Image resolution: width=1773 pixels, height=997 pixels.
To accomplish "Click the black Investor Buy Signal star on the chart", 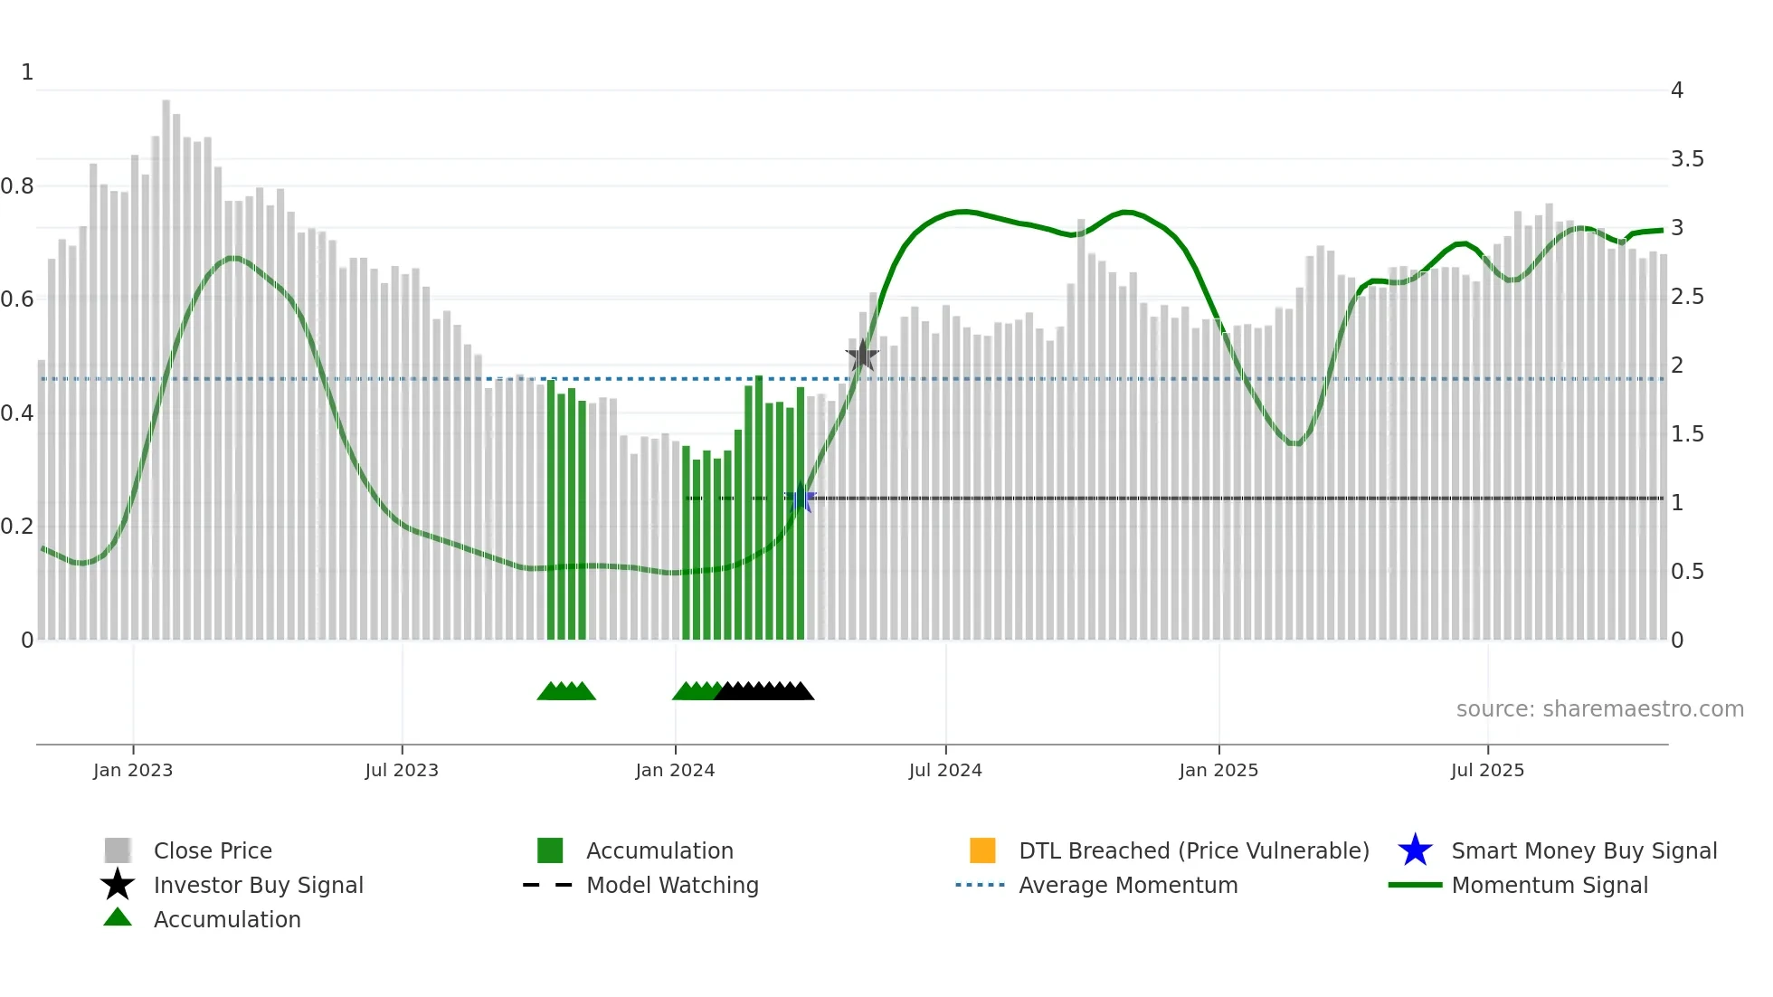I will pos(862,356).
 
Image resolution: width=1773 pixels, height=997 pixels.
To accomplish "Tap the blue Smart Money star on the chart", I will pos(801,498).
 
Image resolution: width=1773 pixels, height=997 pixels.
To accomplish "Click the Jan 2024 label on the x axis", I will pos(675,771).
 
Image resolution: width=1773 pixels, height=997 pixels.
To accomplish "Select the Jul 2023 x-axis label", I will pos(402,771).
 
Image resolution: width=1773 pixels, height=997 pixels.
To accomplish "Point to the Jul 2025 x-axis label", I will pos(1487,771).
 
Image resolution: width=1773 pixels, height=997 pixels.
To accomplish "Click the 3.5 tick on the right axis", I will pos(1687,159).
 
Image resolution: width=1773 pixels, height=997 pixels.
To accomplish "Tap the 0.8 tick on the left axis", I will pos(17,186).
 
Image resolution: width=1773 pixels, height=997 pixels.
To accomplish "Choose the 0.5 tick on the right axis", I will pos(1687,572).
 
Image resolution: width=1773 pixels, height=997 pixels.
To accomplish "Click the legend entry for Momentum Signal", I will pos(1550,886).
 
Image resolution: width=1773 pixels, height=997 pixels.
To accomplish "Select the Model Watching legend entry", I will pos(672,886).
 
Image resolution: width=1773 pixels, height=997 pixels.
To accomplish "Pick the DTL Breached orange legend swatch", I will pos(982,850).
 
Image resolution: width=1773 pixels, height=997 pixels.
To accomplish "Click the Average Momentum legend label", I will pos(1128,886).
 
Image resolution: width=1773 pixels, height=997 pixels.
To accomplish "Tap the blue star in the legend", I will pos(1415,850).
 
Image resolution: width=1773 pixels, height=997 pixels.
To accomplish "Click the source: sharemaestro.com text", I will pos(1599,709).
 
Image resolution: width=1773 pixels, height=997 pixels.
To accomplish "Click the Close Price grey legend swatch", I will pos(118,850).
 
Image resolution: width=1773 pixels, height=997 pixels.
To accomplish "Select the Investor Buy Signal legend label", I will pos(259,886).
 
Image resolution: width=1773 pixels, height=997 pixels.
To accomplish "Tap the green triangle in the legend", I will pos(118,918).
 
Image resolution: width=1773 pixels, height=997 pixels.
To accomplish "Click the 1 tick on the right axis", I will pos(1677,503).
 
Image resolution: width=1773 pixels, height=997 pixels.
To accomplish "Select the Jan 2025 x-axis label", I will pos(1218,771).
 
